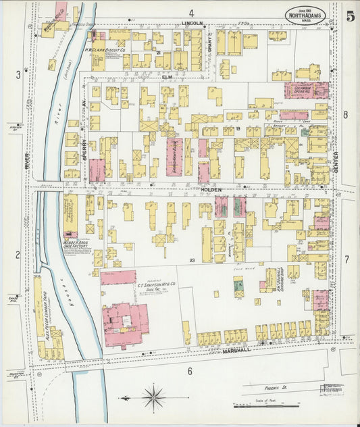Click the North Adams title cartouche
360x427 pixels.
(x=310, y=16)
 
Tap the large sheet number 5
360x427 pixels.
(x=350, y=16)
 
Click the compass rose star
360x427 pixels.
(x=154, y=395)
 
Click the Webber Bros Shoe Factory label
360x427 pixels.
(x=72, y=245)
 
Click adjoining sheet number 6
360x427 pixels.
(x=190, y=371)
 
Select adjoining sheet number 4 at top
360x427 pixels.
(x=191, y=13)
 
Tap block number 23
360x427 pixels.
(x=192, y=260)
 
